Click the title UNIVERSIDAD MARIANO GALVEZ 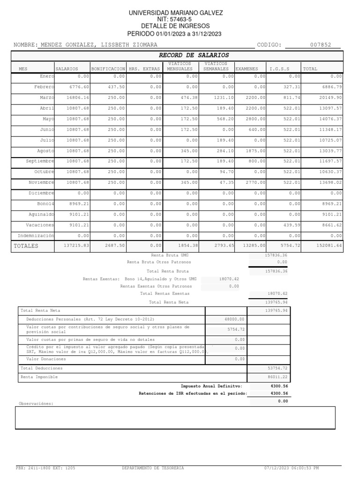pyautogui.click(x=176, y=13)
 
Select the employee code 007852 pyautogui.click(x=321, y=45)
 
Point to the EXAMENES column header pyautogui.click(x=247, y=69)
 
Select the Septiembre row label pyautogui.click(x=40, y=161)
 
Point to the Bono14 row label pyautogui.click(x=45, y=204)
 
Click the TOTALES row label pyautogui.click(x=26, y=246)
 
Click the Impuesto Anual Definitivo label pyautogui.click(x=211, y=386)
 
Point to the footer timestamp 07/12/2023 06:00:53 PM pyautogui.click(x=292, y=468)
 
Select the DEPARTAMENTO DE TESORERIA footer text pyautogui.click(x=153, y=468)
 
